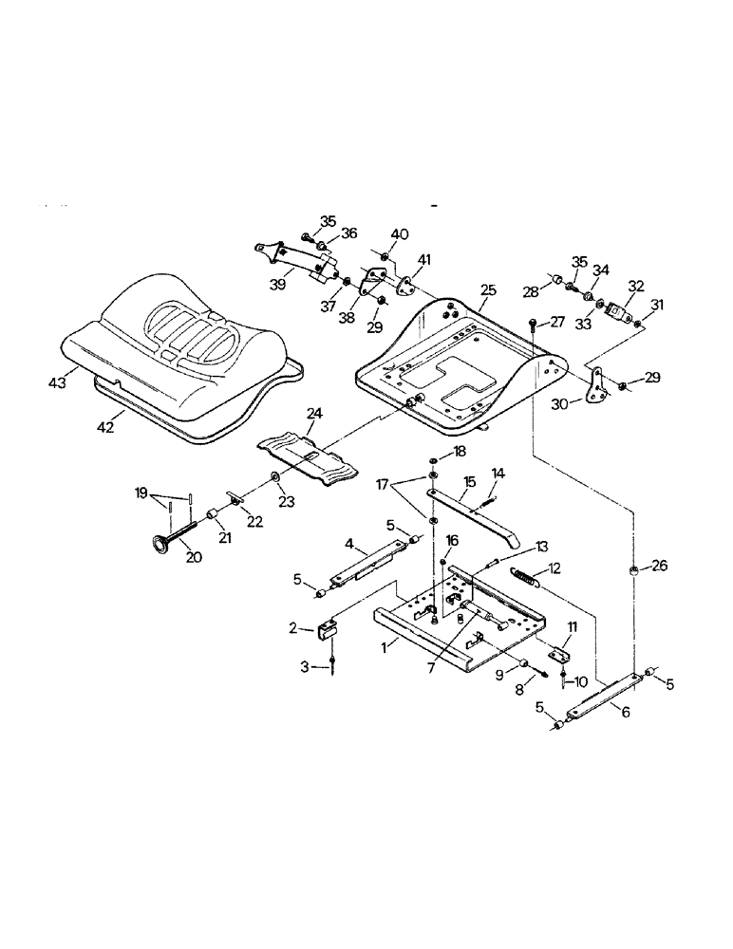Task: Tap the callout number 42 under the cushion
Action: tap(105, 427)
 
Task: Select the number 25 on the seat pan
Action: tap(488, 288)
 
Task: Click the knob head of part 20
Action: tap(153, 543)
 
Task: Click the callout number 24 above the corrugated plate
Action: tap(315, 413)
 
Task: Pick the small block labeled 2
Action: tap(329, 630)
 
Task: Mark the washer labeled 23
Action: tap(275, 474)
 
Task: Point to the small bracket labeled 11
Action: tap(560, 653)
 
